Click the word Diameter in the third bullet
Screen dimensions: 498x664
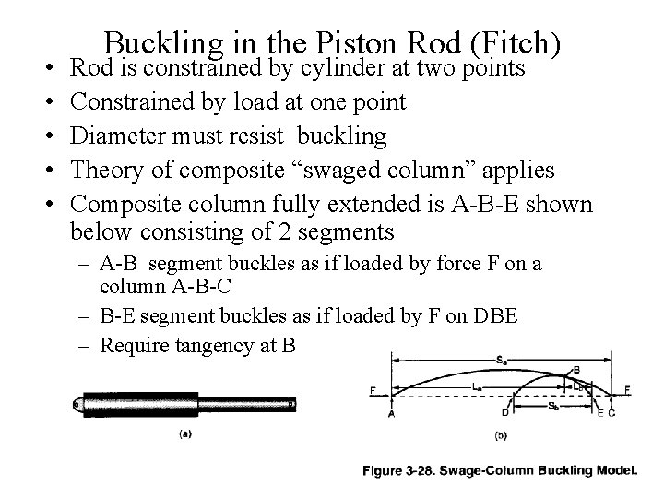(x=116, y=136)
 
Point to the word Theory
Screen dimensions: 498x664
(x=106, y=172)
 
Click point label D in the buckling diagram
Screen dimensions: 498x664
(x=505, y=413)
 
